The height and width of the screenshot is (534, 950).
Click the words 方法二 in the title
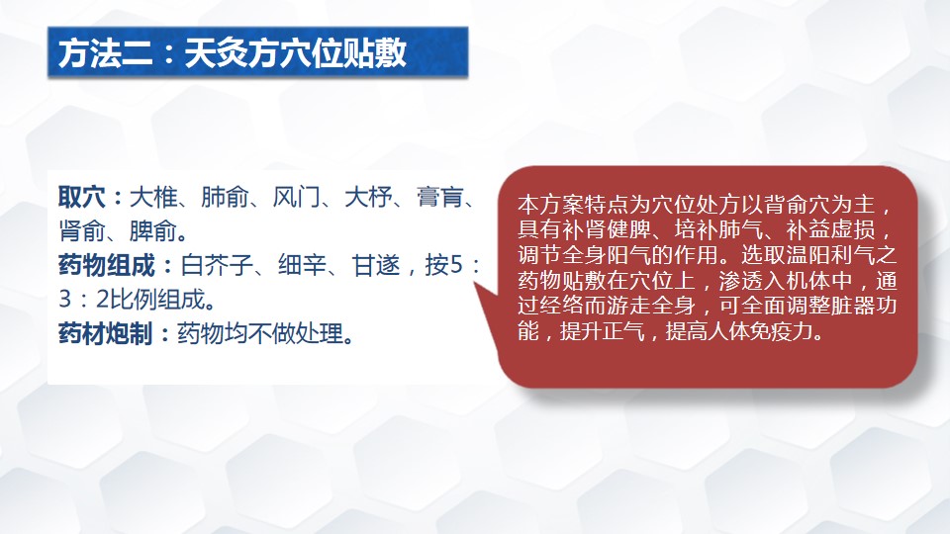click(106, 53)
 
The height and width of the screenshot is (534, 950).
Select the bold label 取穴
click(82, 198)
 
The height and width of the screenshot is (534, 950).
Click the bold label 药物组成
click(107, 265)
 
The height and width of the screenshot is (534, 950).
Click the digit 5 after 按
click(456, 266)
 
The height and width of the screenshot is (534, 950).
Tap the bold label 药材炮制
click(106, 333)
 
